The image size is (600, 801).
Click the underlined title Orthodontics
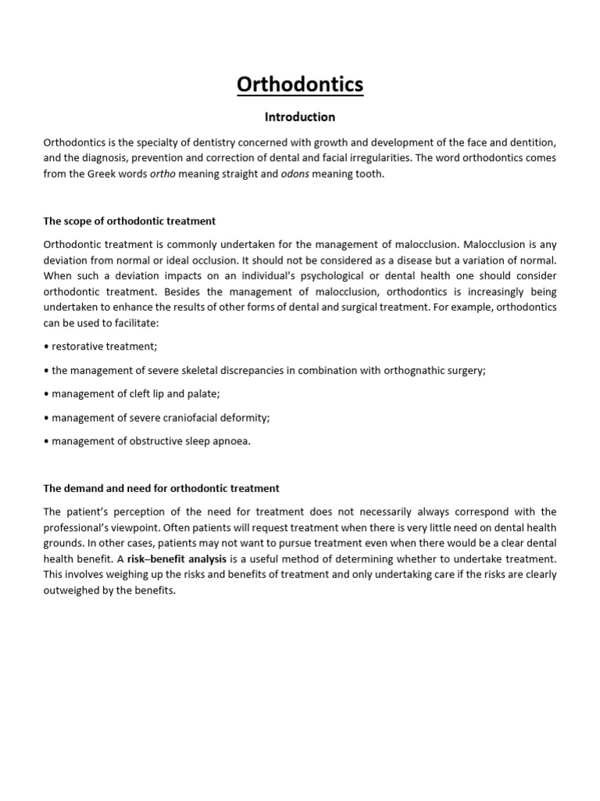pyautogui.click(x=300, y=84)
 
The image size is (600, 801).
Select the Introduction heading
pyautogui.click(x=300, y=117)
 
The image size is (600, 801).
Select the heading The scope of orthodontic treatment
pyautogui.click(x=130, y=221)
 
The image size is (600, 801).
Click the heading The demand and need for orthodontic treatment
pyautogui.click(x=162, y=488)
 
